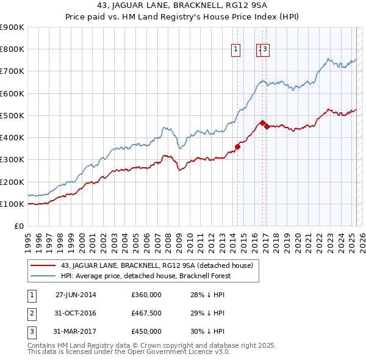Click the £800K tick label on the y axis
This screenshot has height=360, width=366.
pos(12,49)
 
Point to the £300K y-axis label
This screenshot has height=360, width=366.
pos(12,160)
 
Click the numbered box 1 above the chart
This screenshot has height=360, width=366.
pos(235,50)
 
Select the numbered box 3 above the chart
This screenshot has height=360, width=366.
pos(266,50)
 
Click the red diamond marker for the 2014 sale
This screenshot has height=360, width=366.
pos(238,146)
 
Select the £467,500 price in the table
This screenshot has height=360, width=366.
pos(146,314)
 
